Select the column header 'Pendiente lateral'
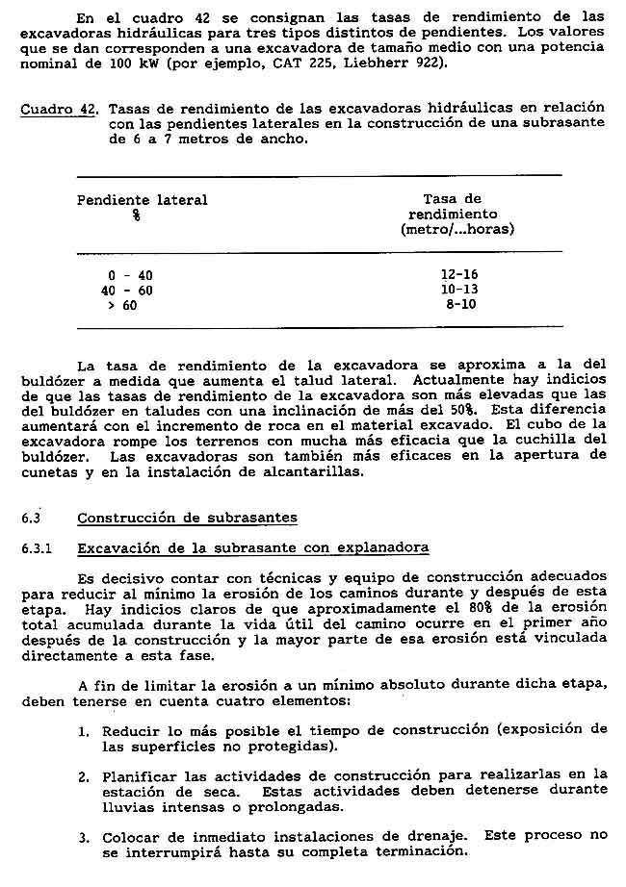pos(142,200)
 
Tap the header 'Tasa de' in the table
pos(452,199)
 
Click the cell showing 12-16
pos(458,274)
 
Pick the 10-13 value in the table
pos(458,289)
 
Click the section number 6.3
pos(31,518)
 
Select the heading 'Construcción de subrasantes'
pos(187,518)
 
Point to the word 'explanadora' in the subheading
pos(384,547)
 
